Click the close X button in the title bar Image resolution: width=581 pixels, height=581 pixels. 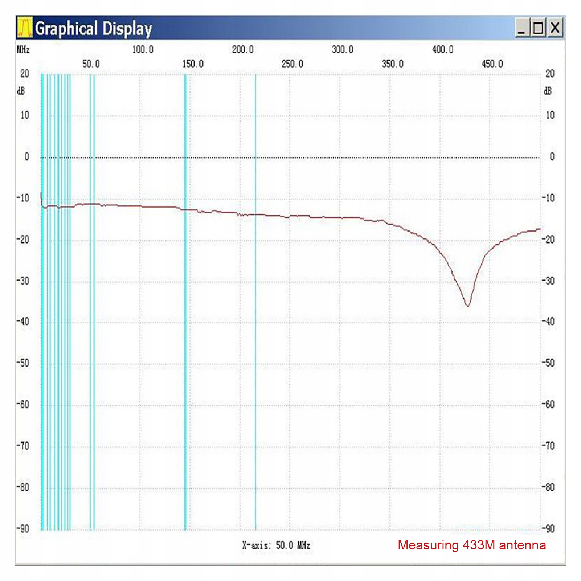coord(555,28)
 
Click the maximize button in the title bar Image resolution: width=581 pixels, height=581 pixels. coord(538,28)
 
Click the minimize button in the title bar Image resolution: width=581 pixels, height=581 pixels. coord(522,28)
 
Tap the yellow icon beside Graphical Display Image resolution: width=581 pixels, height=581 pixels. coord(25,28)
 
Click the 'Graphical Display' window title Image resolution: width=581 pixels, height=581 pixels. coord(93,28)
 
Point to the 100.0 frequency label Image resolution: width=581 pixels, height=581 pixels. coord(143,49)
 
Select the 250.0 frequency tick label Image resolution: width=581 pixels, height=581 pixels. coord(292,64)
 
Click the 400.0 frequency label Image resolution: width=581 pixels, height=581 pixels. coord(443,49)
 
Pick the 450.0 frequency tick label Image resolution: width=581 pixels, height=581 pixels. coord(492,64)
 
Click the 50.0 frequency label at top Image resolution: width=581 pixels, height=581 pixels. coord(91,64)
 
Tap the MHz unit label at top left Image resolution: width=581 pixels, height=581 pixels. coord(23,49)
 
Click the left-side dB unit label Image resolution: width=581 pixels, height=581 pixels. coord(21,91)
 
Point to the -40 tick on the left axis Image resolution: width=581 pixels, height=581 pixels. coord(23,321)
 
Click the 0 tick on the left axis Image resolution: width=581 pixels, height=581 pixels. coord(26,157)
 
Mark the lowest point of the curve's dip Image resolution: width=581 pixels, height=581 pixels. coord(467,306)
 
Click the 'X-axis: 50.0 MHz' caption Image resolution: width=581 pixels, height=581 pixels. coord(276,545)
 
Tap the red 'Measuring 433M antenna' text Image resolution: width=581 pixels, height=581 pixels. coord(472,545)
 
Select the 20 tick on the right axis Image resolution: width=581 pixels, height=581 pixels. coord(550,74)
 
